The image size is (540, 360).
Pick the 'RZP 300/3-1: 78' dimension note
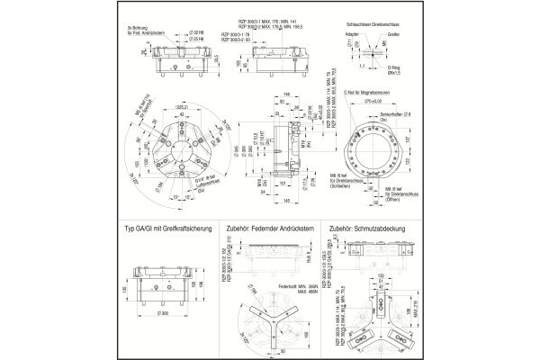(254, 32)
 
